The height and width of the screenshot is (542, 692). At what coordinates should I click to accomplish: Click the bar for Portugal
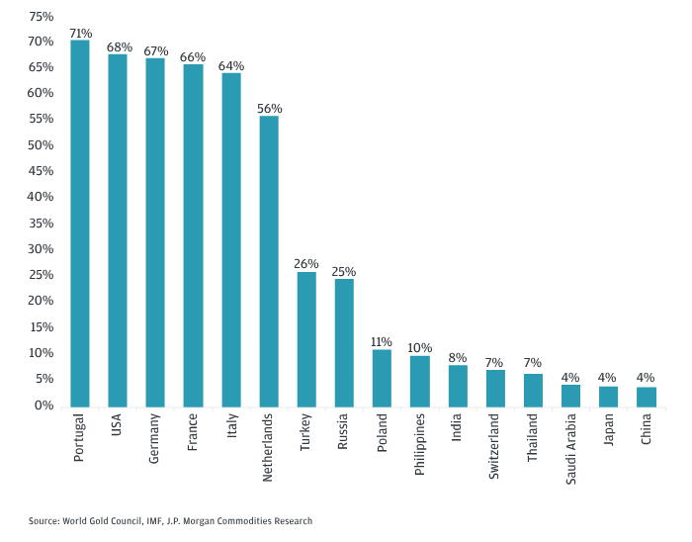pyautogui.click(x=80, y=224)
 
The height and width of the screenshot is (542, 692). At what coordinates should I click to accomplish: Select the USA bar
pyautogui.click(x=118, y=230)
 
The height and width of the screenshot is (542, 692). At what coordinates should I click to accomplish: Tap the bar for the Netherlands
pyautogui.click(x=269, y=261)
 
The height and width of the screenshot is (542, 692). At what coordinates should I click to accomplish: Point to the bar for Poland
pyautogui.click(x=382, y=378)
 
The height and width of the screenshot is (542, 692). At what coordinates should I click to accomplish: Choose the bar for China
pyautogui.click(x=647, y=397)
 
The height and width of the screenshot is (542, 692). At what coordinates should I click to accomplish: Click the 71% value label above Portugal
pyautogui.click(x=80, y=33)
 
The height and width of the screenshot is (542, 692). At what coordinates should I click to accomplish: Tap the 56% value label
pyautogui.click(x=269, y=108)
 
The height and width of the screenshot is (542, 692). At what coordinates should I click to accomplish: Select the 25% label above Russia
pyautogui.click(x=344, y=271)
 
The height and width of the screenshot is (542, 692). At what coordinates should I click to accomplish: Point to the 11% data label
pyautogui.click(x=382, y=341)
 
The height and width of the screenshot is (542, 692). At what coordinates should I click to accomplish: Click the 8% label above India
pyautogui.click(x=458, y=358)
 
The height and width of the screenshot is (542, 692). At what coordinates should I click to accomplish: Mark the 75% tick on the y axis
pyautogui.click(x=41, y=16)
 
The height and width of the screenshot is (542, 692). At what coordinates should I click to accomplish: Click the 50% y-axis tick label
pyautogui.click(x=41, y=145)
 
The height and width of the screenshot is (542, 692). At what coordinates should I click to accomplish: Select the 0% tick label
pyautogui.click(x=44, y=406)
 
